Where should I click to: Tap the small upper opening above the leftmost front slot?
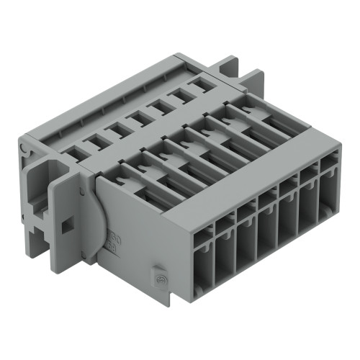click(205, 232)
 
